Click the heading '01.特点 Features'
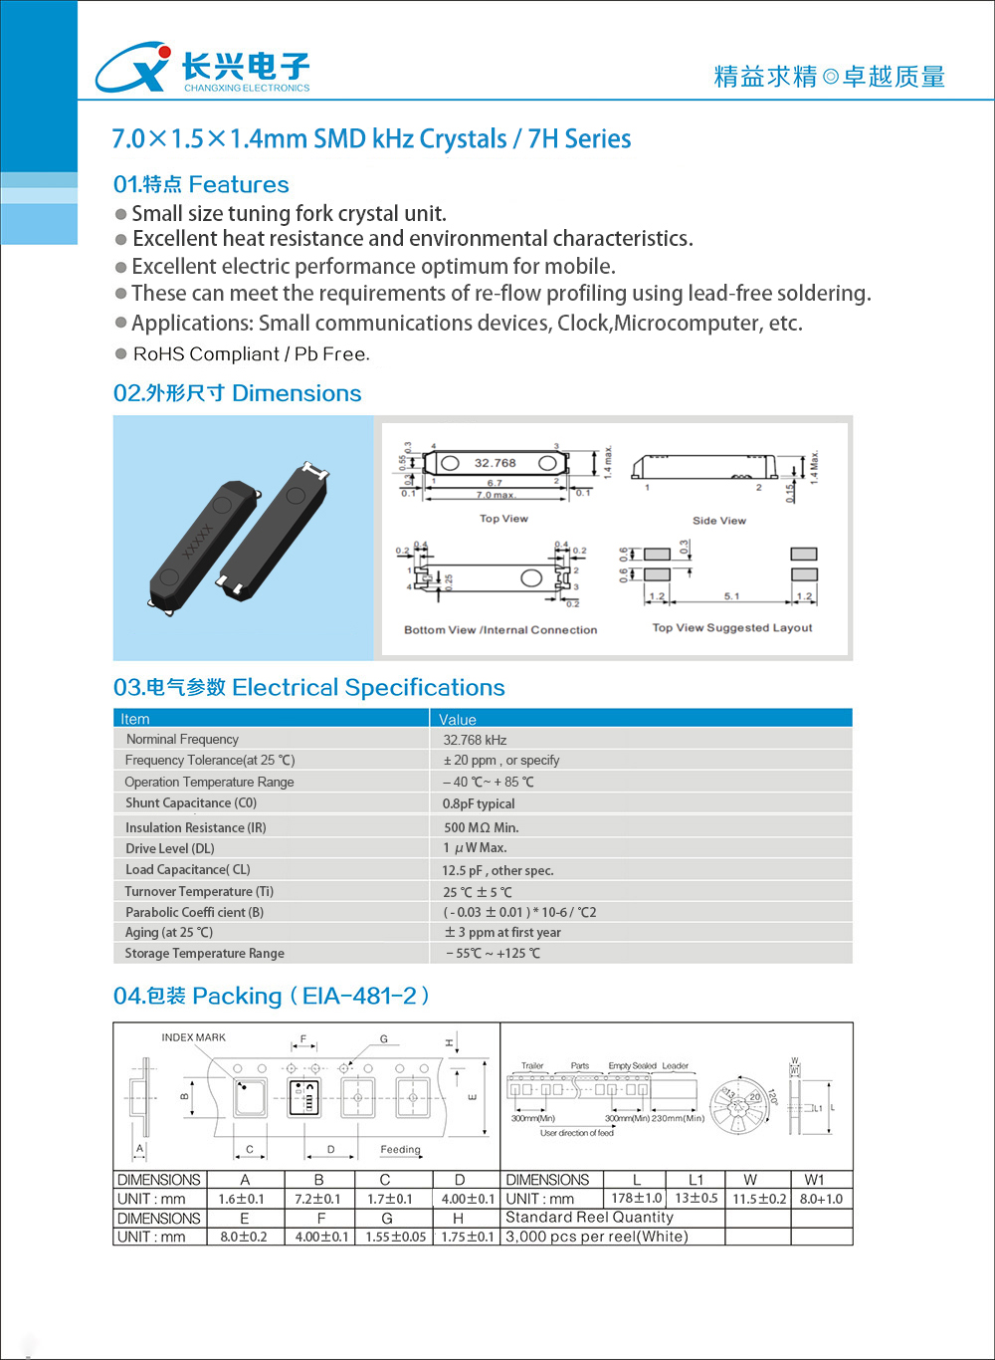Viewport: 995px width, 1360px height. (201, 184)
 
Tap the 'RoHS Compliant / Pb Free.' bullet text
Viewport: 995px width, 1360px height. (251, 354)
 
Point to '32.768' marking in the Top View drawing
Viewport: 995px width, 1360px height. (495, 463)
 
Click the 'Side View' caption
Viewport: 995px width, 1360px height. (718, 521)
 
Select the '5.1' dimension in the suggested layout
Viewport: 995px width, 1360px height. (731, 596)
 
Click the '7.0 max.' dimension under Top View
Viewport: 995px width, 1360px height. (496, 495)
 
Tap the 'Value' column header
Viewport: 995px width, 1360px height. (458, 719)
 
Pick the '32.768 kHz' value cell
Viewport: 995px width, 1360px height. (475, 740)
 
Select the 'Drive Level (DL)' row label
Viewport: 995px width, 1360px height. (170, 848)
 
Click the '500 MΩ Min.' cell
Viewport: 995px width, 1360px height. (481, 827)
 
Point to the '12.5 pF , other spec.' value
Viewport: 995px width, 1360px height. (497, 870)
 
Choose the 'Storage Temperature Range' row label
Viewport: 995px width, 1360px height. (205, 953)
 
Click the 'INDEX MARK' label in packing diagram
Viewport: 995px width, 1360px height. (193, 1037)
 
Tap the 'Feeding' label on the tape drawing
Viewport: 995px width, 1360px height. (400, 1149)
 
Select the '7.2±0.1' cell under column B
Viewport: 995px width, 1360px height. (317, 1199)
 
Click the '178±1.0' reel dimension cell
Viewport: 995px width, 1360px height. (636, 1199)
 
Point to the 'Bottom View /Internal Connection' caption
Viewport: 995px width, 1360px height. (500, 630)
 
